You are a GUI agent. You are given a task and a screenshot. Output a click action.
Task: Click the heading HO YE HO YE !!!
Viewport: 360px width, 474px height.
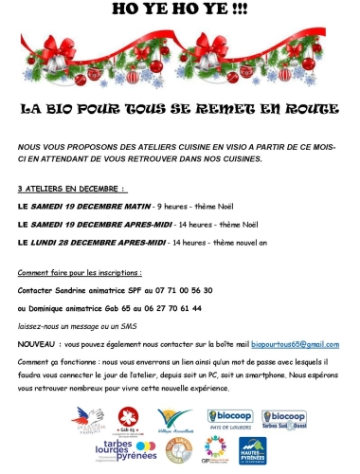pos(179,9)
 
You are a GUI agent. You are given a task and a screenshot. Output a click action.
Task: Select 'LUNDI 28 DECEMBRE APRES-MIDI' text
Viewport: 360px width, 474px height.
pos(103,243)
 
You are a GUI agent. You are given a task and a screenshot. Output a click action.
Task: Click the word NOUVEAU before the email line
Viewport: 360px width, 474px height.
pos(35,344)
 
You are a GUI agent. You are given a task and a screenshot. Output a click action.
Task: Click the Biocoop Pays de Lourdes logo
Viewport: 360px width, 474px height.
pos(229,420)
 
